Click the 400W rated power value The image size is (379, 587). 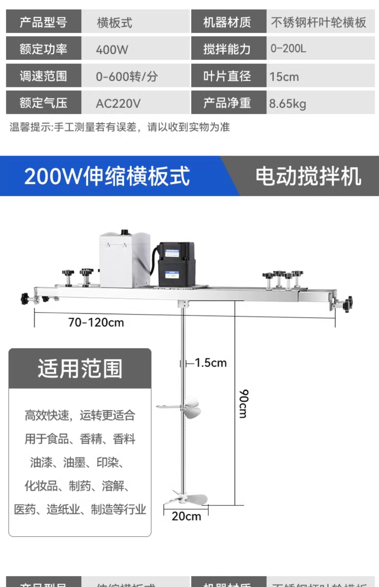[112, 50]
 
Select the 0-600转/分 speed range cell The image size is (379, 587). [127, 76]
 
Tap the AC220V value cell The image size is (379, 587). [118, 104]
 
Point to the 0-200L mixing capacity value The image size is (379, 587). [288, 48]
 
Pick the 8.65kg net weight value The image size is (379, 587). [287, 104]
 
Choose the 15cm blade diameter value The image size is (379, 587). [284, 77]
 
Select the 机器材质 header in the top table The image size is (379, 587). [227, 22]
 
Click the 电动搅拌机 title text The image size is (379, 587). [308, 176]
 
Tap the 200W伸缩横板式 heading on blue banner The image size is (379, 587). [107, 176]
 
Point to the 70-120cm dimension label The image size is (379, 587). [96, 323]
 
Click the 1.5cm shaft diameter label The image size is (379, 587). [211, 363]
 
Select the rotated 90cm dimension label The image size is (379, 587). [244, 404]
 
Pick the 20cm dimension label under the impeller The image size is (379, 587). [186, 516]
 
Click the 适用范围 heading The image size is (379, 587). [80, 369]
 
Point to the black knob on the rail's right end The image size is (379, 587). [347, 304]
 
